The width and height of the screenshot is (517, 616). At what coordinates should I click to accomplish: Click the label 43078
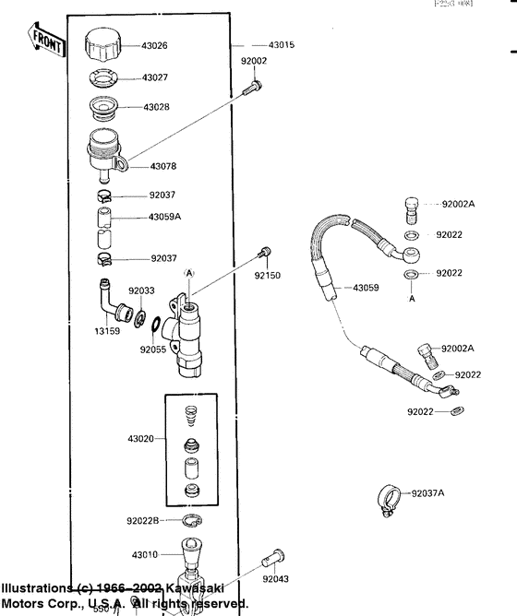click(156, 167)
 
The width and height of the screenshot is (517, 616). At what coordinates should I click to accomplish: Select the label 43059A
click(165, 217)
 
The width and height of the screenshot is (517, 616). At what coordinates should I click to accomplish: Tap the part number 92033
click(141, 290)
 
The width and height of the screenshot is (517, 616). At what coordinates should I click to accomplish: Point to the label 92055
click(152, 349)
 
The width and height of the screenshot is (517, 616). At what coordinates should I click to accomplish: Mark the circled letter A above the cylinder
click(189, 274)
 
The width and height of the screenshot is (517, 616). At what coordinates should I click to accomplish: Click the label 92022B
click(144, 521)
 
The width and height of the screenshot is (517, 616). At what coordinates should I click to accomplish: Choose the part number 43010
click(146, 555)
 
